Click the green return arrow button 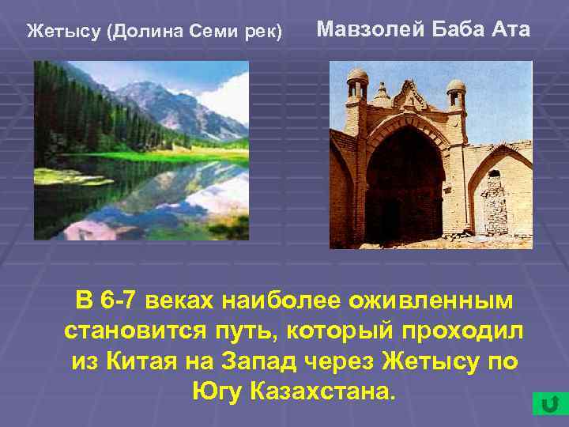pos(546,403)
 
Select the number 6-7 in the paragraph pos(122,301)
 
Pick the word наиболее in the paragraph pos(289,301)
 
